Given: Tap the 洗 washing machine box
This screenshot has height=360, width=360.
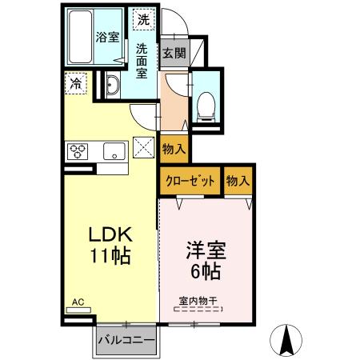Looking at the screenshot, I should tap(143, 18).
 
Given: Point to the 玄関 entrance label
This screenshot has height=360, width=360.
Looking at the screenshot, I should tap(174, 54).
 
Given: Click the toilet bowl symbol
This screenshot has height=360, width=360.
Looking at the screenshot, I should tap(206, 102).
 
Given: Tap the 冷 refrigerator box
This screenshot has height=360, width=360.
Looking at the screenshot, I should tap(76, 82).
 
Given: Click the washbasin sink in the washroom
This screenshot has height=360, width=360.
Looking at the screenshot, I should tap(112, 86).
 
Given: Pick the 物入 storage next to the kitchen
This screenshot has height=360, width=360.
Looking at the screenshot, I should tap(174, 148).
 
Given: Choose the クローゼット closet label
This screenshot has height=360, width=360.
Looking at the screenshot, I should tap(190, 181).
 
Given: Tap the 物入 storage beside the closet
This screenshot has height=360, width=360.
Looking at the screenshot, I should tap(238, 181).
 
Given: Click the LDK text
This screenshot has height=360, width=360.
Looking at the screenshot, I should tap(110, 236).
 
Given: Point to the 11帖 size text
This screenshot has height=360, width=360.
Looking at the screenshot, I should tap(110, 258).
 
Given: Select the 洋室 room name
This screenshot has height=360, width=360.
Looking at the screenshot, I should tap(206, 250).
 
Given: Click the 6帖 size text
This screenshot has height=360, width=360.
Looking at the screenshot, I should tap(206, 270).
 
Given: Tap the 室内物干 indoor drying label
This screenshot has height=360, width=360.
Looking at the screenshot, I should tap(200, 301).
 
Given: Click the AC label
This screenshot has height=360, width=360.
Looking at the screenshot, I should tap(78, 302).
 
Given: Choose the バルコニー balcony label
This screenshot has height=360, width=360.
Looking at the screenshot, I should tap(126, 341).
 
